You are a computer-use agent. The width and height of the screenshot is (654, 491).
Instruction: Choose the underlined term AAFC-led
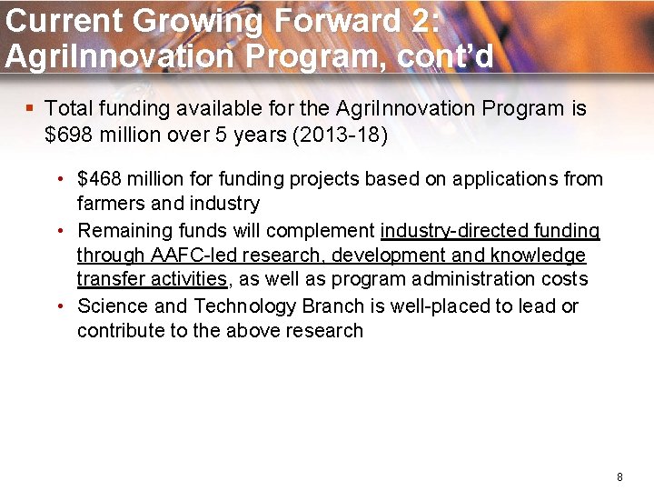click(190, 255)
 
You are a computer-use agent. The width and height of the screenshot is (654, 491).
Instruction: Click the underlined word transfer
click(109, 279)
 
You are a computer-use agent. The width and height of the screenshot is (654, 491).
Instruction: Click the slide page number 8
click(619, 476)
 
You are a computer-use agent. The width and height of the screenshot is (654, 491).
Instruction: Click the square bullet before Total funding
click(30, 108)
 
